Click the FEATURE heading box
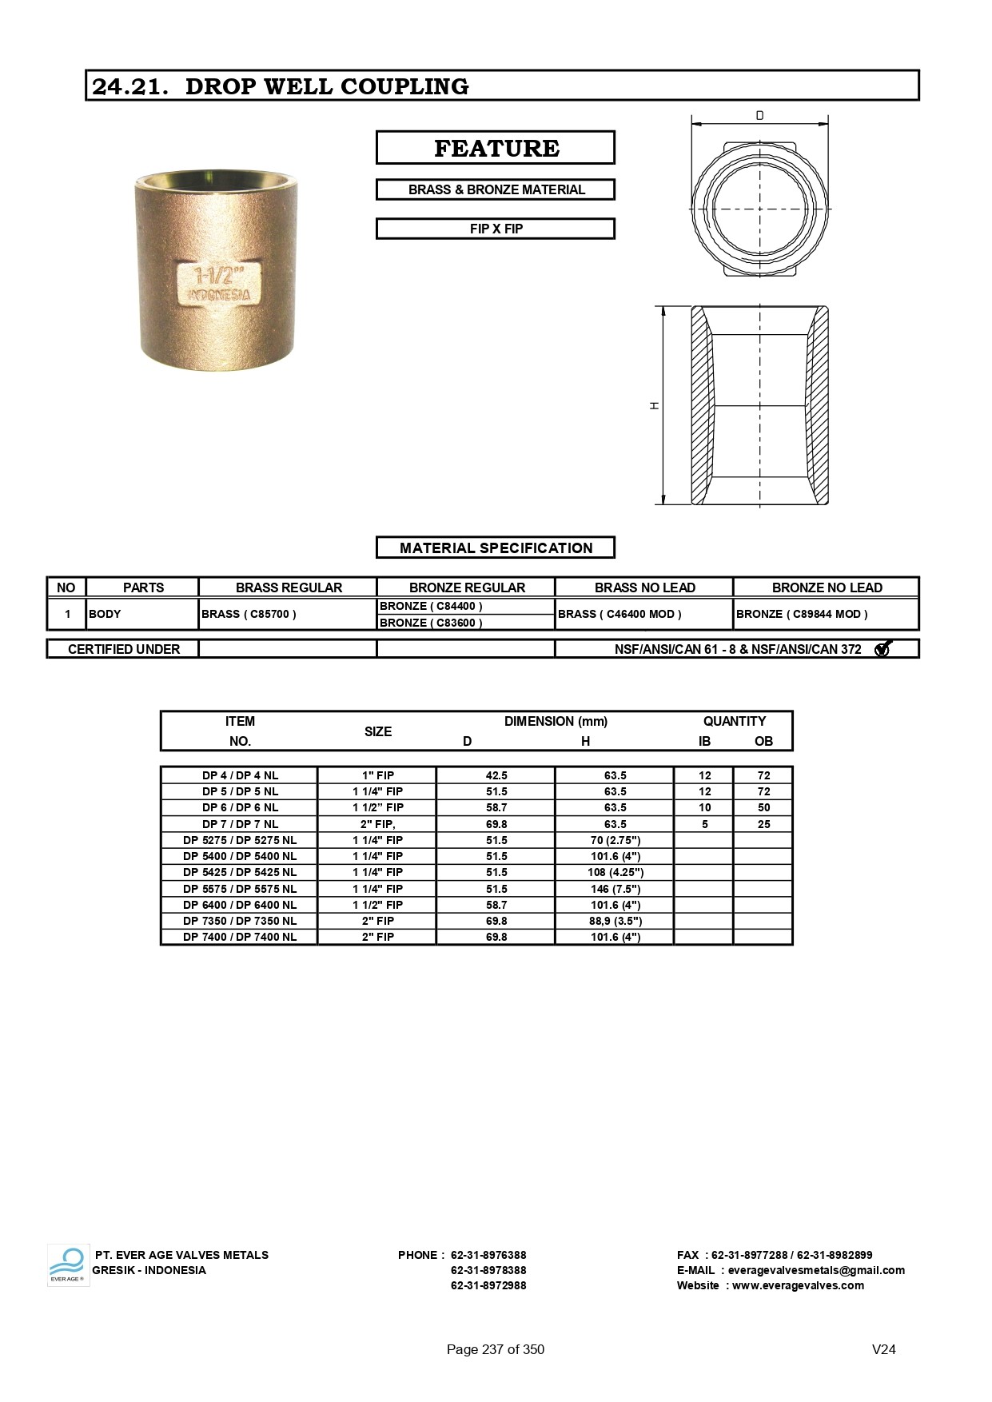coord(496,148)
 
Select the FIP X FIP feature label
coord(496,229)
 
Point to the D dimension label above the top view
coord(759,116)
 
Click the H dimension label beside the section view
coord(655,405)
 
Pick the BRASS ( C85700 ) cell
coord(249,614)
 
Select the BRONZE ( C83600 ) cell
coord(431,623)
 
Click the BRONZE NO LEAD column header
coord(827,587)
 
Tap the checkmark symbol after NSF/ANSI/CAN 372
coord(882,649)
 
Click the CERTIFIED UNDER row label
coord(124,649)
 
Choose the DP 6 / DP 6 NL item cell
coord(240,807)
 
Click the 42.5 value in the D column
coord(496,775)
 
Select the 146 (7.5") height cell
coord(616,889)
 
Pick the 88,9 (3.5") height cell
coord(616,921)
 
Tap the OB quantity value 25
coord(763,824)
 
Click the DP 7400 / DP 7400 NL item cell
coord(240,937)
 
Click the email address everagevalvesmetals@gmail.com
coord(816,1270)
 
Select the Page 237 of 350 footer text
coord(496,1349)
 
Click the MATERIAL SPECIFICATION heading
coord(496,548)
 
